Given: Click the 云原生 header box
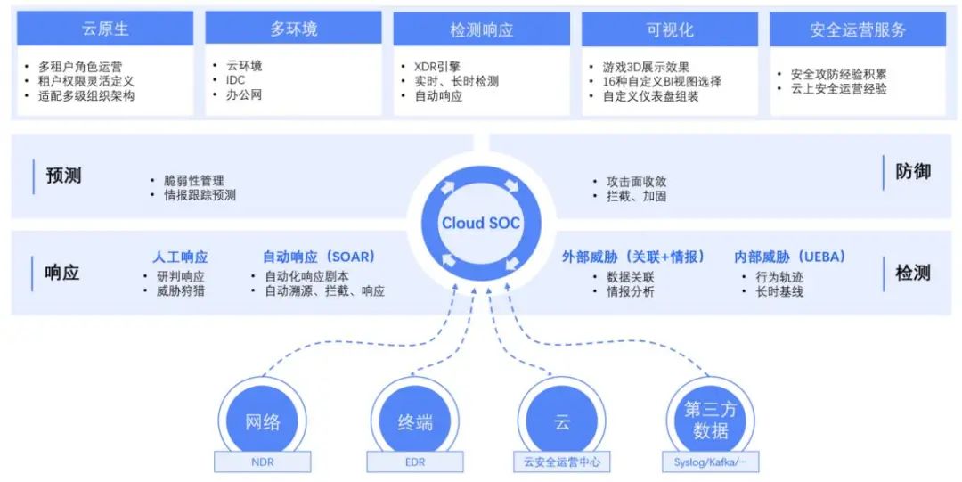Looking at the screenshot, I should tap(105, 29).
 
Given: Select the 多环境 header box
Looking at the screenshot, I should tap(293, 29).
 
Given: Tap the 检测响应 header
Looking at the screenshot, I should tap(481, 29).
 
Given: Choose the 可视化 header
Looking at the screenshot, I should tap(670, 29).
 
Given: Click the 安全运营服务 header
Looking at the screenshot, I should tap(858, 29).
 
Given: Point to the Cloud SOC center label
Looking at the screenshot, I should tap(481, 223).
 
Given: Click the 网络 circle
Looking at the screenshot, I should tap(263, 421).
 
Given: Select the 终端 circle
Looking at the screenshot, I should tap(414, 421).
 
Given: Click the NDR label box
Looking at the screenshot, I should tap(263, 462).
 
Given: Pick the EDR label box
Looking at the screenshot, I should tap(414, 462).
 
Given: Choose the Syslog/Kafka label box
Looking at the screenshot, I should tap(710, 462).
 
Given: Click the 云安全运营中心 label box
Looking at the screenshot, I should tap(562, 462).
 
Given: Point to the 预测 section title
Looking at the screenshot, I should tap(63, 176).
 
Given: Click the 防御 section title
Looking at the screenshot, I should tap(913, 171).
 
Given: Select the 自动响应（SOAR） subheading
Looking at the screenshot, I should tap(318, 257).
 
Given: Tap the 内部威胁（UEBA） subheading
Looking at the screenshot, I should tap(789, 257).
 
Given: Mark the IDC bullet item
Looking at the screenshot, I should tap(235, 80).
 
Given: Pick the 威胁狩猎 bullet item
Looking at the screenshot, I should tap(180, 290).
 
